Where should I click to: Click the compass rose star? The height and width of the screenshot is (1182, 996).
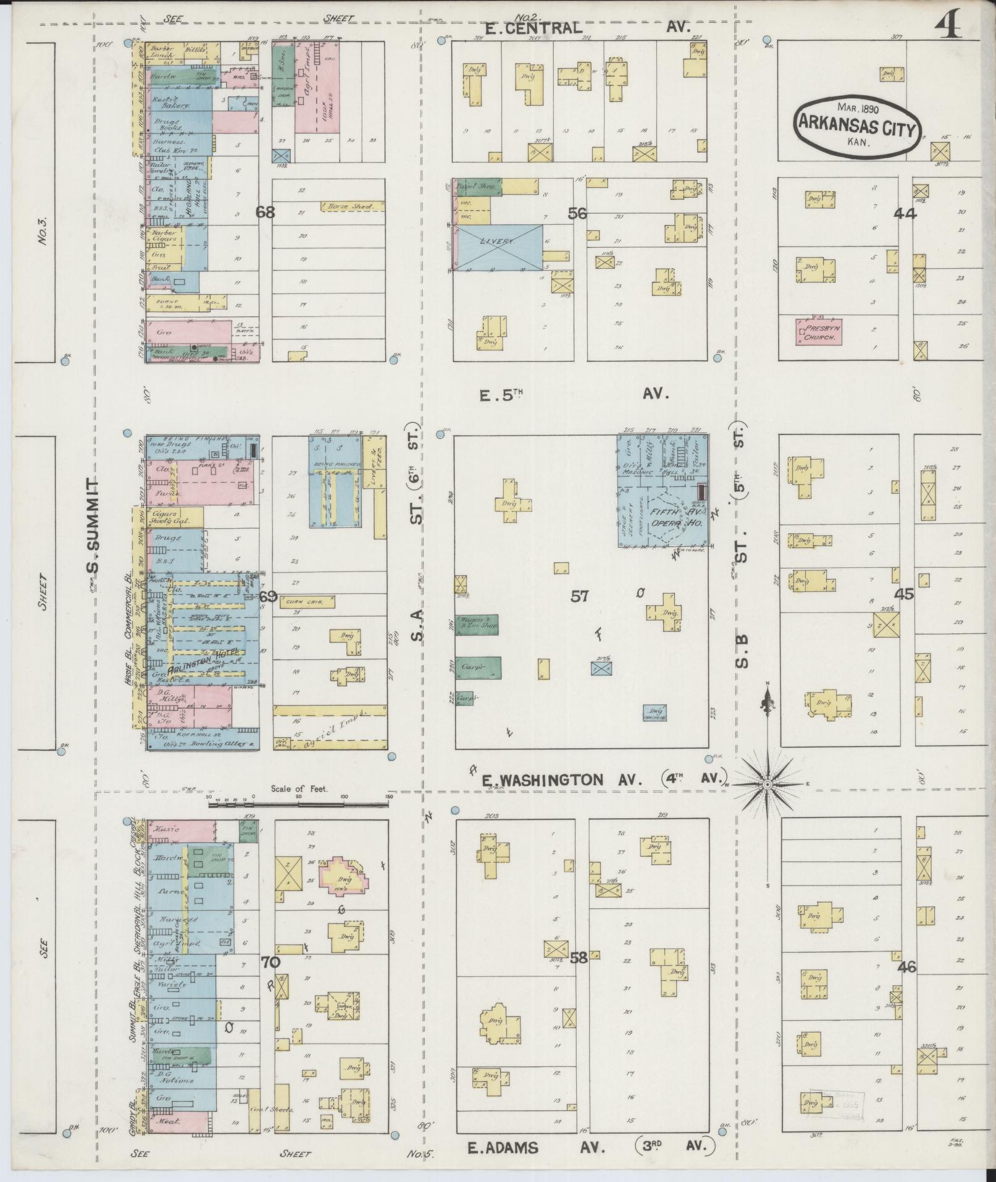[767, 784]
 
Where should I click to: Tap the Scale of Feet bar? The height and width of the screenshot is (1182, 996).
[299, 804]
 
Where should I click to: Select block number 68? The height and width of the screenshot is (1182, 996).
[266, 213]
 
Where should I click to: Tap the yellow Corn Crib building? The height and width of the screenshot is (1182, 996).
[307, 602]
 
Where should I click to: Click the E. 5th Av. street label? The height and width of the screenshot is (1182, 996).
[574, 394]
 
